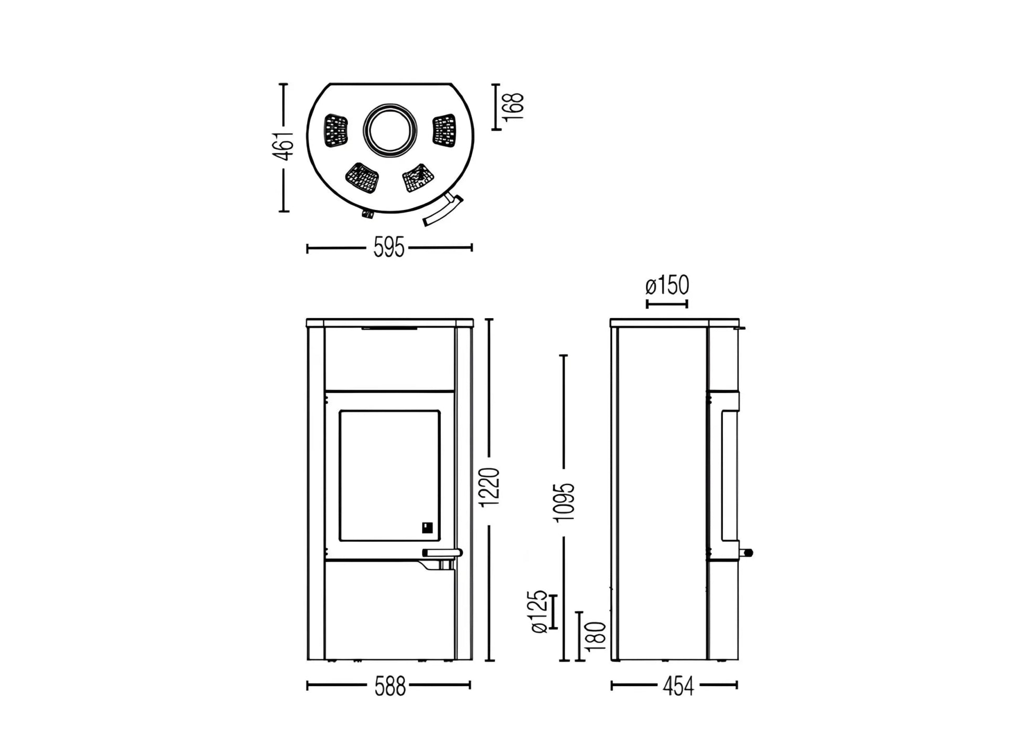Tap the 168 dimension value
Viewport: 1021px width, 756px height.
(x=514, y=107)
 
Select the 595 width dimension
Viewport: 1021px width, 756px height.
(x=389, y=248)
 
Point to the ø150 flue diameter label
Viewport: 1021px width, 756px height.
(x=667, y=286)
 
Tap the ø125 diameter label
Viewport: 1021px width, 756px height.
(x=539, y=612)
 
